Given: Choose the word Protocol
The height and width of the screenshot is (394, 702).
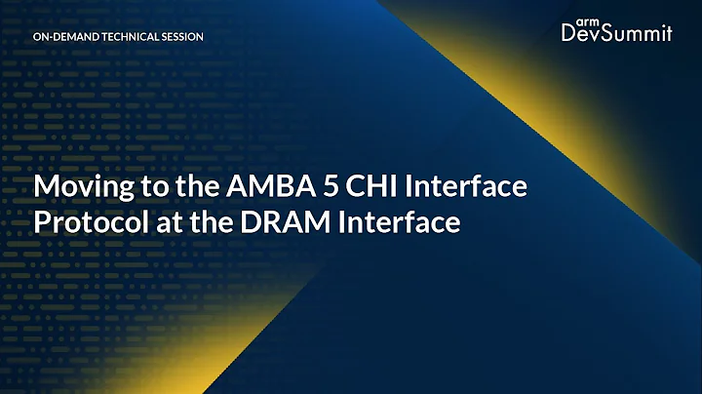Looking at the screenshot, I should [83, 221].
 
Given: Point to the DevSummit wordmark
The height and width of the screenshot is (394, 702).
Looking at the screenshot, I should [616, 34].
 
